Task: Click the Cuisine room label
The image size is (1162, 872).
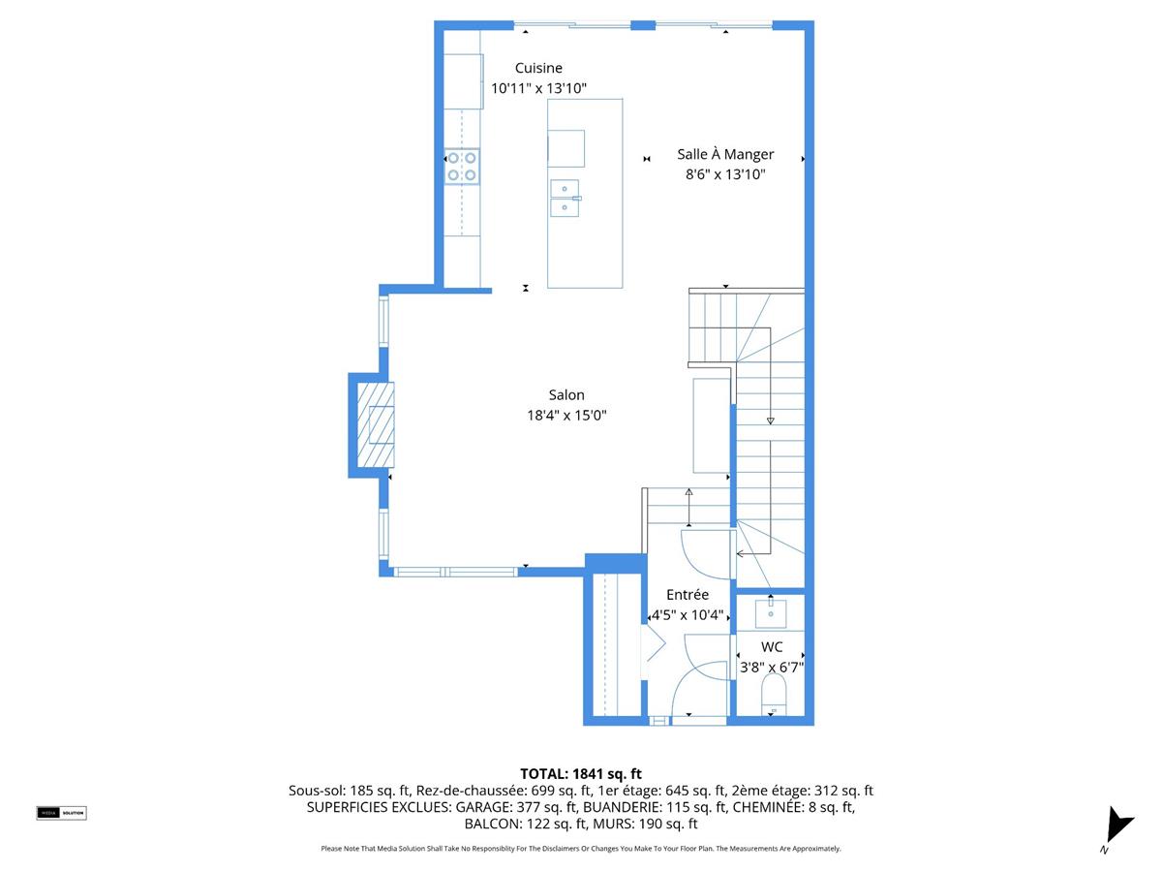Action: tap(538, 68)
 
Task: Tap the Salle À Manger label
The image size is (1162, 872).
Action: tap(725, 154)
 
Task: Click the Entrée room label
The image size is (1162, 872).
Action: tap(687, 594)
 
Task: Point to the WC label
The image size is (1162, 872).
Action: tap(772, 646)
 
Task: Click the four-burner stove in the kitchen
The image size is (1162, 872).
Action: tap(462, 167)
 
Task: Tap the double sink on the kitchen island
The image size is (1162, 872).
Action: tap(565, 198)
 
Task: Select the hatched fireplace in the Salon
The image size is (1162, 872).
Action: tap(375, 425)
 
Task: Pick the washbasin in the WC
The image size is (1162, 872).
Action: tap(772, 613)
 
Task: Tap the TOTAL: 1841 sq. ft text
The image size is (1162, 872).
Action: tap(581, 773)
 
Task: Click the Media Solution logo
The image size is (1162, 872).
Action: tap(61, 813)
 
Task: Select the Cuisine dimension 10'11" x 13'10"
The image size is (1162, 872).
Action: tap(538, 89)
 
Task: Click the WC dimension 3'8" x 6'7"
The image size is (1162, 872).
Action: tap(772, 668)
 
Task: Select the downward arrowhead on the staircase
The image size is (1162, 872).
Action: tap(771, 420)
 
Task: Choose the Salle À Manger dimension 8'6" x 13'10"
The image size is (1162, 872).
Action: tap(725, 175)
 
